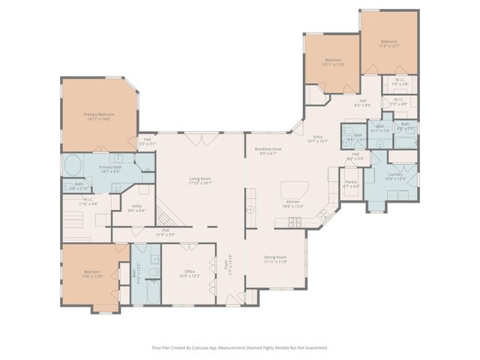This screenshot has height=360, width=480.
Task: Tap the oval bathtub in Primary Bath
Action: point(73,165)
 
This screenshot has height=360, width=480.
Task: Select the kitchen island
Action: point(291,189)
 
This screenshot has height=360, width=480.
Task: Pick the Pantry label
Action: point(351,182)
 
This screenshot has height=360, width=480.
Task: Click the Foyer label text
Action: point(225,264)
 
